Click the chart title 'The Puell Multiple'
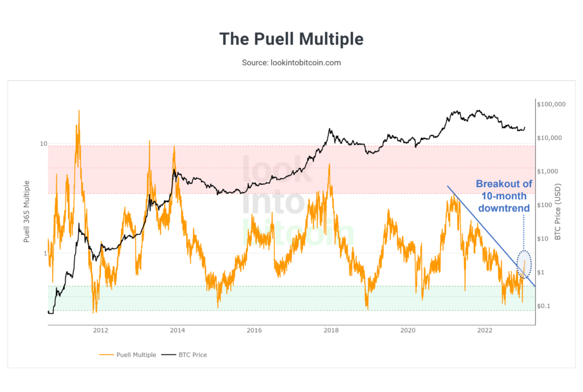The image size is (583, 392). [291, 39]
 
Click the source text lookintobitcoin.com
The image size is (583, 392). [291, 63]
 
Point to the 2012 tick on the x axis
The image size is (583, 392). [101, 330]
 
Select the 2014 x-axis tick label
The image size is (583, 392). [178, 330]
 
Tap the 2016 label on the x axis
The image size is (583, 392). [254, 330]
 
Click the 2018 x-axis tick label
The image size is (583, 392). [331, 330]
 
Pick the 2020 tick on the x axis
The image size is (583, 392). [408, 330]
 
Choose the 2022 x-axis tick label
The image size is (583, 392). [485, 330]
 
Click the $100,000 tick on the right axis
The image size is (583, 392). [551, 105]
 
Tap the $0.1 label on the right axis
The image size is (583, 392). [544, 306]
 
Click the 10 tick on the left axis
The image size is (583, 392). [43, 144]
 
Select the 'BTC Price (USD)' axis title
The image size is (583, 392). [558, 212]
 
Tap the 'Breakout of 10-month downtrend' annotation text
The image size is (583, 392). [504, 196]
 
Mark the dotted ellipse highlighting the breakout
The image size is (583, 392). [524, 265]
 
